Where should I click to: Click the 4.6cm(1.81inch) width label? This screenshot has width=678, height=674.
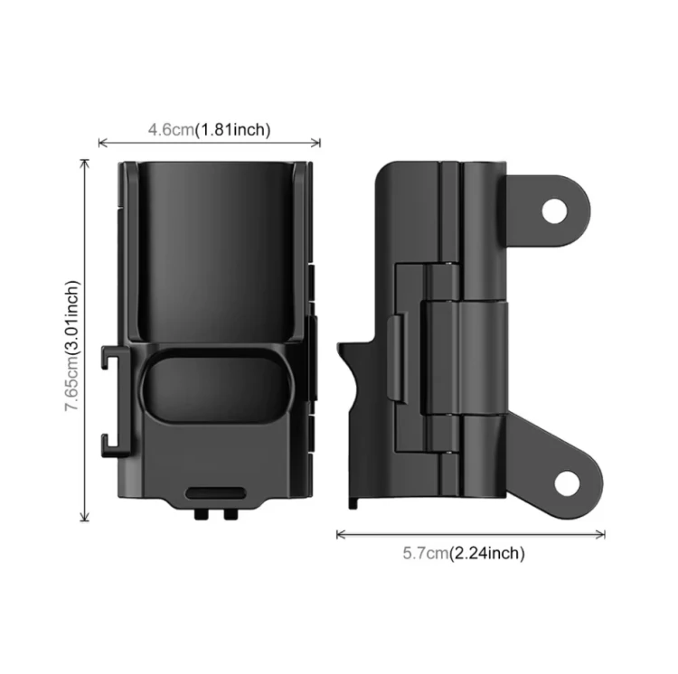coord(210,129)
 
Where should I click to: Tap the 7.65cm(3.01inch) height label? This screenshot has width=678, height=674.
coord(72,346)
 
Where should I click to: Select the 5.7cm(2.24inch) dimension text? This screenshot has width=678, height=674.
coord(464,553)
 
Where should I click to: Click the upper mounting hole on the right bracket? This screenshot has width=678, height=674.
coord(554,211)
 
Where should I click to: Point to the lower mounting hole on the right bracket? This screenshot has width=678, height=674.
coord(567,484)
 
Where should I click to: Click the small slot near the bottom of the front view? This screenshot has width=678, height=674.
coord(216,493)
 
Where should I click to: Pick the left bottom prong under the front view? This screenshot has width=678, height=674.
coord(201,514)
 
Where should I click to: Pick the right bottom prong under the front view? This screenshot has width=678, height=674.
coord(231,514)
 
